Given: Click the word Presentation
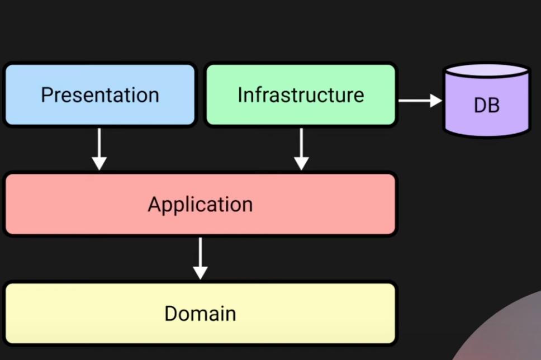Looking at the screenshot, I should [99, 94].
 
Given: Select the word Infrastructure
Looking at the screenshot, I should [301, 94].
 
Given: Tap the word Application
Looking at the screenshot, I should [200, 204].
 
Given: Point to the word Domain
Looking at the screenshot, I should [200, 313].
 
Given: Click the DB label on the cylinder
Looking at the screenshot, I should [486, 105].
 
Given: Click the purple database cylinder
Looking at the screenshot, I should [486, 120].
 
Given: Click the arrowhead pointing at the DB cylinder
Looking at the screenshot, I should [436, 101].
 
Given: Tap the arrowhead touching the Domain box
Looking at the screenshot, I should [200, 273].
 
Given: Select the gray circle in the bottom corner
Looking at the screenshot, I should [509, 335].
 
